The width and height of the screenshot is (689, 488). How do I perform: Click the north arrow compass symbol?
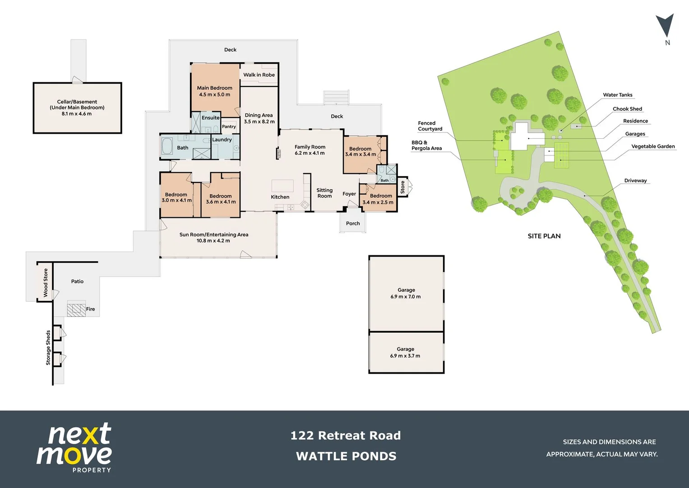click(665, 26)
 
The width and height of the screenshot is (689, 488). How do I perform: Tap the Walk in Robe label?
click(259, 75)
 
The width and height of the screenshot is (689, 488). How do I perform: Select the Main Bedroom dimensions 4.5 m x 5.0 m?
click(215, 95)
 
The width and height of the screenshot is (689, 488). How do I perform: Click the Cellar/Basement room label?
click(77, 102)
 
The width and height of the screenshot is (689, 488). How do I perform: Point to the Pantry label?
click(229, 127)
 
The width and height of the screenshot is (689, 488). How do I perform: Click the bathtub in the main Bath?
click(167, 146)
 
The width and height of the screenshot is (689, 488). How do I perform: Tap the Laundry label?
click(222, 140)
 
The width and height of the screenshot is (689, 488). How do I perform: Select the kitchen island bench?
click(282, 186)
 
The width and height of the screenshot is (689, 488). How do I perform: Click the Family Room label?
click(310, 147)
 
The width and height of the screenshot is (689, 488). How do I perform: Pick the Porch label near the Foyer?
click(353, 223)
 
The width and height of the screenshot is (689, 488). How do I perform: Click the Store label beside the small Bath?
click(403, 187)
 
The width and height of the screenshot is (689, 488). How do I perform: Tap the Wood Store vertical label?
click(46, 283)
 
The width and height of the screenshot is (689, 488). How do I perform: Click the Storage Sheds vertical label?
click(48, 347)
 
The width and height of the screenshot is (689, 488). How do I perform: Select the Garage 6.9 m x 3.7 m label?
click(405, 352)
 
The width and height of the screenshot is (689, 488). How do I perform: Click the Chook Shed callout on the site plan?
click(627, 109)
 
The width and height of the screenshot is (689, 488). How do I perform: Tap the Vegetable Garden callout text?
click(653, 146)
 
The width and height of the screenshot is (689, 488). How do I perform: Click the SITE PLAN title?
click(544, 236)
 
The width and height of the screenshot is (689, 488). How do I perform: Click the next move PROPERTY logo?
click(74, 448)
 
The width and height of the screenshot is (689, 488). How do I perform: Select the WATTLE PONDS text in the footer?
click(346, 456)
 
